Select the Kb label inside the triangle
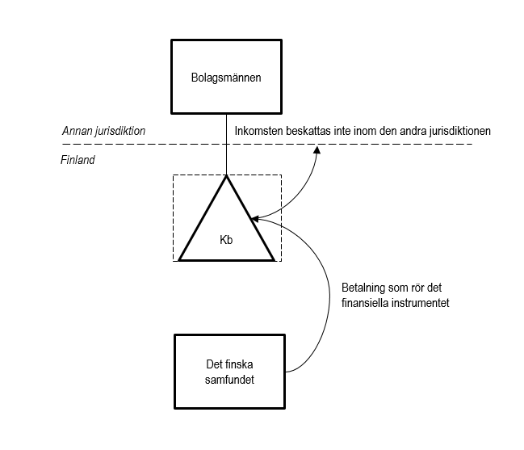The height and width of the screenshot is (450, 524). pos(226,239)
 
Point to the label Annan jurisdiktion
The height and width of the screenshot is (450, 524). pos(103,131)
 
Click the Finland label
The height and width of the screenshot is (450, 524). pos(78,160)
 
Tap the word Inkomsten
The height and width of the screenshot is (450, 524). pos(258,131)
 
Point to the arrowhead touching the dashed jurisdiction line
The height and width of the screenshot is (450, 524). pos(317,150)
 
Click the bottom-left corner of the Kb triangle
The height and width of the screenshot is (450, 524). pos(181,259)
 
